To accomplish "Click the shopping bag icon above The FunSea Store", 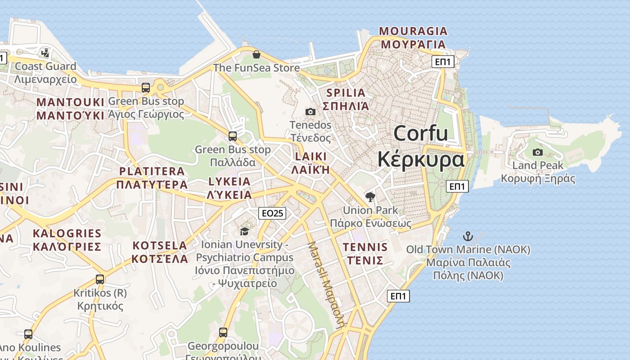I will tap(256, 54).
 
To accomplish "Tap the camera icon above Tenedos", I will tap(310, 112).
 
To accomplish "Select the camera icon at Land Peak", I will tap(537, 153).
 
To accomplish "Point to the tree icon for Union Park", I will tap(370, 197).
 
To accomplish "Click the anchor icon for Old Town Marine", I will tap(468, 236).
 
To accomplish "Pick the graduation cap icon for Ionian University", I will tap(244, 231).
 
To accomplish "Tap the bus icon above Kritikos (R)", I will tap(100, 279).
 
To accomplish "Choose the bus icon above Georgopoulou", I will tap(223, 333).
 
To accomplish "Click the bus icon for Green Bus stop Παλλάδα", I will tap(233, 136).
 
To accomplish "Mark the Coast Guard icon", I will tap(45, 53).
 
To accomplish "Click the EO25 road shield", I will tap(272, 213).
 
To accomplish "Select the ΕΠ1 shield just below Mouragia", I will tap(443, 62).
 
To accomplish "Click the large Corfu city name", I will tap(421, 134).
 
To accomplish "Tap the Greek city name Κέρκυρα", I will tap(420, 160).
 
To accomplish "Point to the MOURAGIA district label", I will tap(413, 31).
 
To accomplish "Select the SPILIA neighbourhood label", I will tap(346, 93).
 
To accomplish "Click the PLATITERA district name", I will tap(152, 171).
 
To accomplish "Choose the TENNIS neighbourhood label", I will tap(365, 247).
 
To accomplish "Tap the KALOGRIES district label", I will tap(67, 233).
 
